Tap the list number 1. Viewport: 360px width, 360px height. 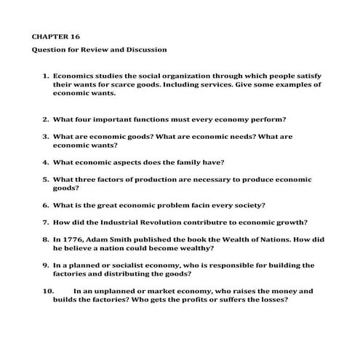45,75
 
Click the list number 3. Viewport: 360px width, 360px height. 45,136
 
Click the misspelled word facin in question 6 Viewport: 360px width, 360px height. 193,204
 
